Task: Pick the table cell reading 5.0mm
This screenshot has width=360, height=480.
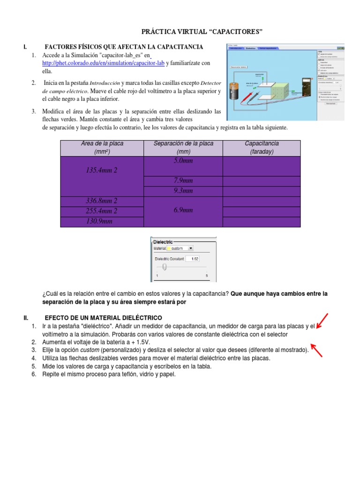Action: [x=183, y=161]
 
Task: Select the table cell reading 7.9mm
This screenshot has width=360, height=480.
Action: [x=183, y=181]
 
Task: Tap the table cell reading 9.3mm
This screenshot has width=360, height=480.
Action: [x=183, y=191]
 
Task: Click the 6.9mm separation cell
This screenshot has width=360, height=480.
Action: [x=183, y=211]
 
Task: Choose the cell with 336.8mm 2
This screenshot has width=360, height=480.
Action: [x=102, y=201]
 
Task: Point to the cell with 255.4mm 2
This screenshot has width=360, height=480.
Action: [x=102, y=211]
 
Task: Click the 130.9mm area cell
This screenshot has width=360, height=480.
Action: [x=102, y=221]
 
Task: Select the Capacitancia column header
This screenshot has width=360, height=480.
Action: [x=262, y=147]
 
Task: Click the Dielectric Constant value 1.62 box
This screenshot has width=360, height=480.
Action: [x=193, y=259]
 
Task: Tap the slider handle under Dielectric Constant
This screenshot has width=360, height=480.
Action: [x=164, y=267]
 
